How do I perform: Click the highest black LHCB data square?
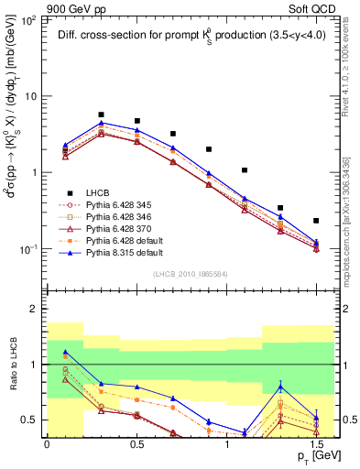click(x=101, y=115)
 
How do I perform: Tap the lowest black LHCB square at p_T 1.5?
click(x=316, y=221)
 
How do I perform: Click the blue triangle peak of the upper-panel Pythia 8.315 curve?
click(x=101, y=123)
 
